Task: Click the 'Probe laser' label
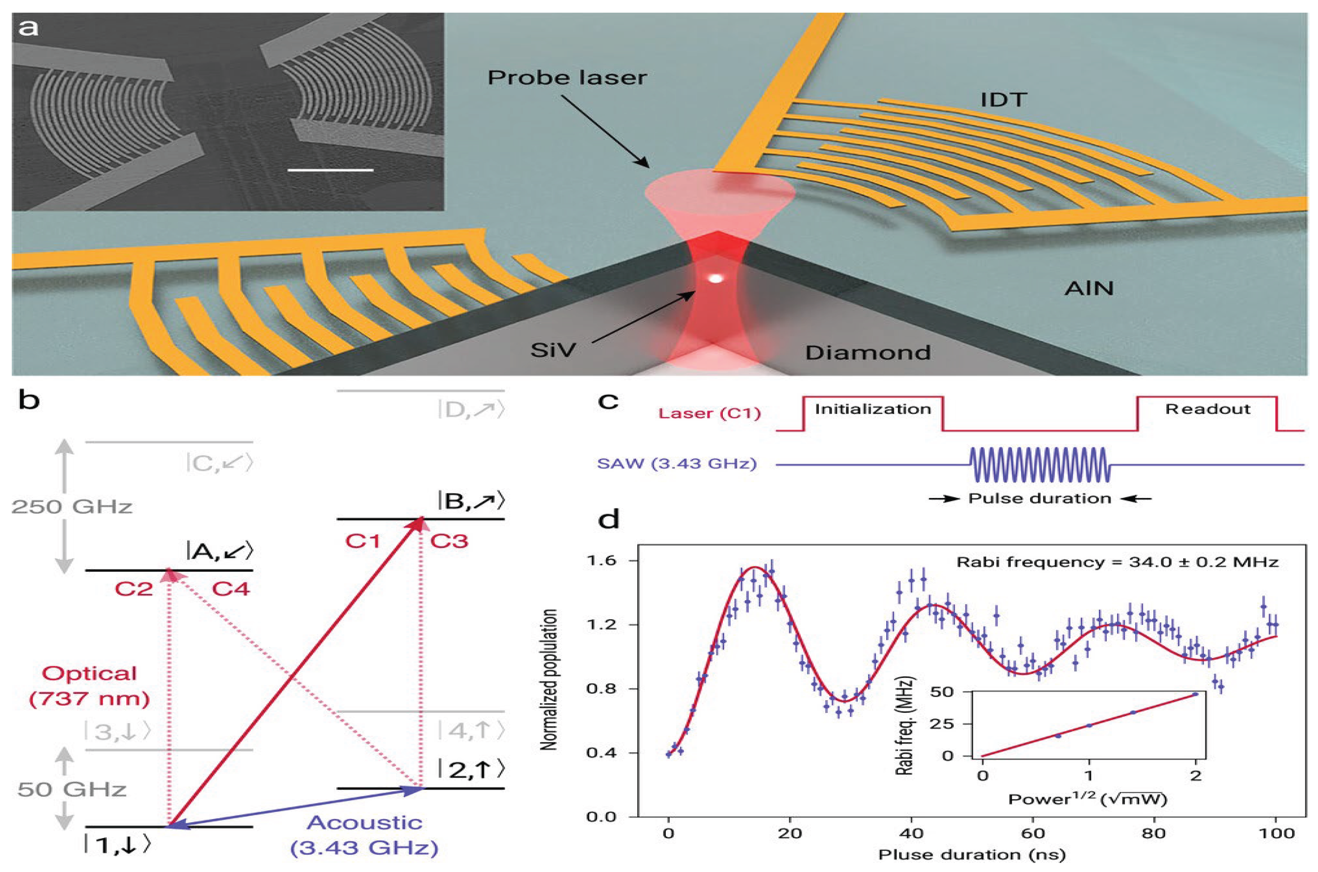point(567,78)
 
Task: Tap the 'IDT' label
point(1003,100)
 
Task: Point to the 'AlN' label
point(1089,288)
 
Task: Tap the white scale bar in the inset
point(330,170)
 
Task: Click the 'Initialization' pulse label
point(872,409)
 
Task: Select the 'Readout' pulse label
point(1207,409)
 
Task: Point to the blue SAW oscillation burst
point(1039,464)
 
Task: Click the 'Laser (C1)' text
point(709,414)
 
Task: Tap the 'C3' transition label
point(449,541)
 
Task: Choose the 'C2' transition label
point(134,589)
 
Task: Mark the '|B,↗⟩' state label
point(471,501)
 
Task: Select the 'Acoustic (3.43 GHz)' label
point(364,835)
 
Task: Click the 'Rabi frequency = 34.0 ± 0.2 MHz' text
point(1117,562)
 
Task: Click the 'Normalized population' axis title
point(549,680)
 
